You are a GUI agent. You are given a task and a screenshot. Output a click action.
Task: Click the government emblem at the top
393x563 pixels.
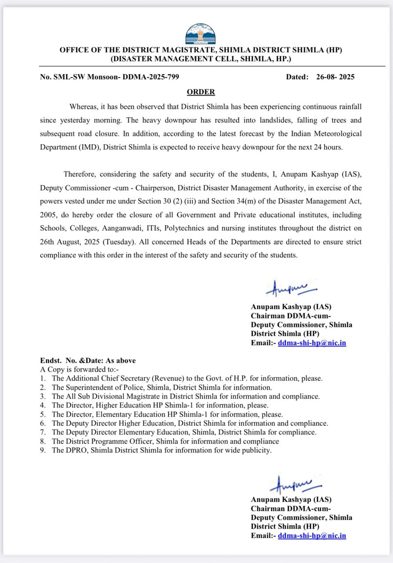[x=200, y=34]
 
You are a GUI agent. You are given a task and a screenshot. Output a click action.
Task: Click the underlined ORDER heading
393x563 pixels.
[x=201, y=92]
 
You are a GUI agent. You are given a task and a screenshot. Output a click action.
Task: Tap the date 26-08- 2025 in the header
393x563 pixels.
[x=335, y=77]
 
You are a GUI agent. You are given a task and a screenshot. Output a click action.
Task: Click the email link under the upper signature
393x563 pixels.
[x=312, y=342]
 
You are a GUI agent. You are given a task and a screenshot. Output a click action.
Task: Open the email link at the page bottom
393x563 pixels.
[x=312, y=535]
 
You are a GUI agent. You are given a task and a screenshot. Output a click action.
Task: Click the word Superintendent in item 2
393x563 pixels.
[x=87, y=387]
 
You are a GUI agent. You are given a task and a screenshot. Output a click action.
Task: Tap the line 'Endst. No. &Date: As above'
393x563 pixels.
[x=88, y=360]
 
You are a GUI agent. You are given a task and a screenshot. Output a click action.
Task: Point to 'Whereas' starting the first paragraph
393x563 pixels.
[x=84, y=107]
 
